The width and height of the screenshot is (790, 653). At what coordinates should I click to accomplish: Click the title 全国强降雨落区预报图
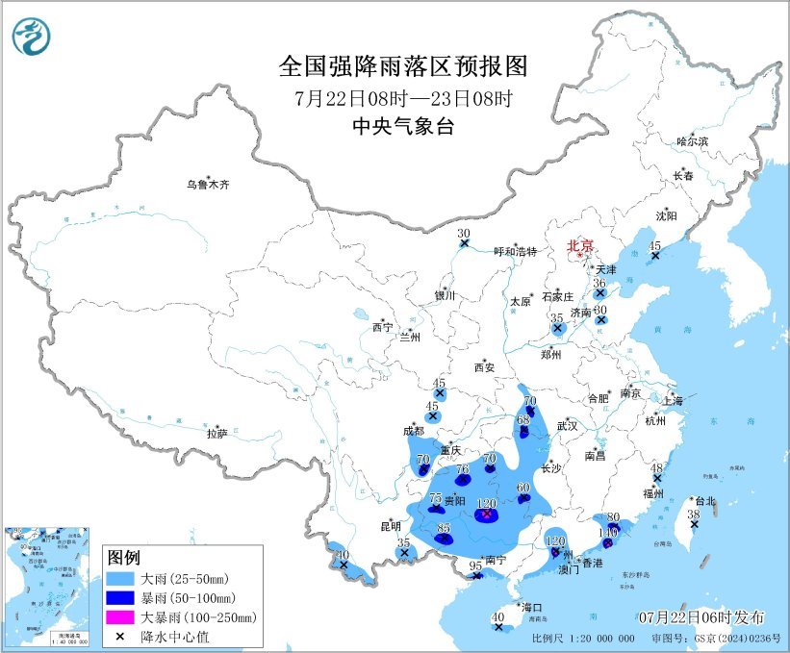[403, 66]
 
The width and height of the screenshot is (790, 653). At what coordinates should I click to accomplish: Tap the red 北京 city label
[580, 245]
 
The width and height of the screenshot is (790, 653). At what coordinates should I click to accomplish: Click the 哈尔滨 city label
[691, 141]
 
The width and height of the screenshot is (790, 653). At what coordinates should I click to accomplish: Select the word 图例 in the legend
[124, 558]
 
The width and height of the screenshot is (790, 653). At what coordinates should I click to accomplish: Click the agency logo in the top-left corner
[31, 37]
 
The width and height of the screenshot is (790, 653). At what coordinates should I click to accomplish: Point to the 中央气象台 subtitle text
[403, 125]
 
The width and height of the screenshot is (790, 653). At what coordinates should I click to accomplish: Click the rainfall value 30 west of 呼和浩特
[463, 234]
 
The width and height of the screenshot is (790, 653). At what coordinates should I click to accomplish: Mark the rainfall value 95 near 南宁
[474, 566]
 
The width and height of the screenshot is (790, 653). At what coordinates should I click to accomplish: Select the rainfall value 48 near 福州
[657, 467]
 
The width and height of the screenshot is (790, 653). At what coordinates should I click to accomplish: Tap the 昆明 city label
[390, 526]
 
